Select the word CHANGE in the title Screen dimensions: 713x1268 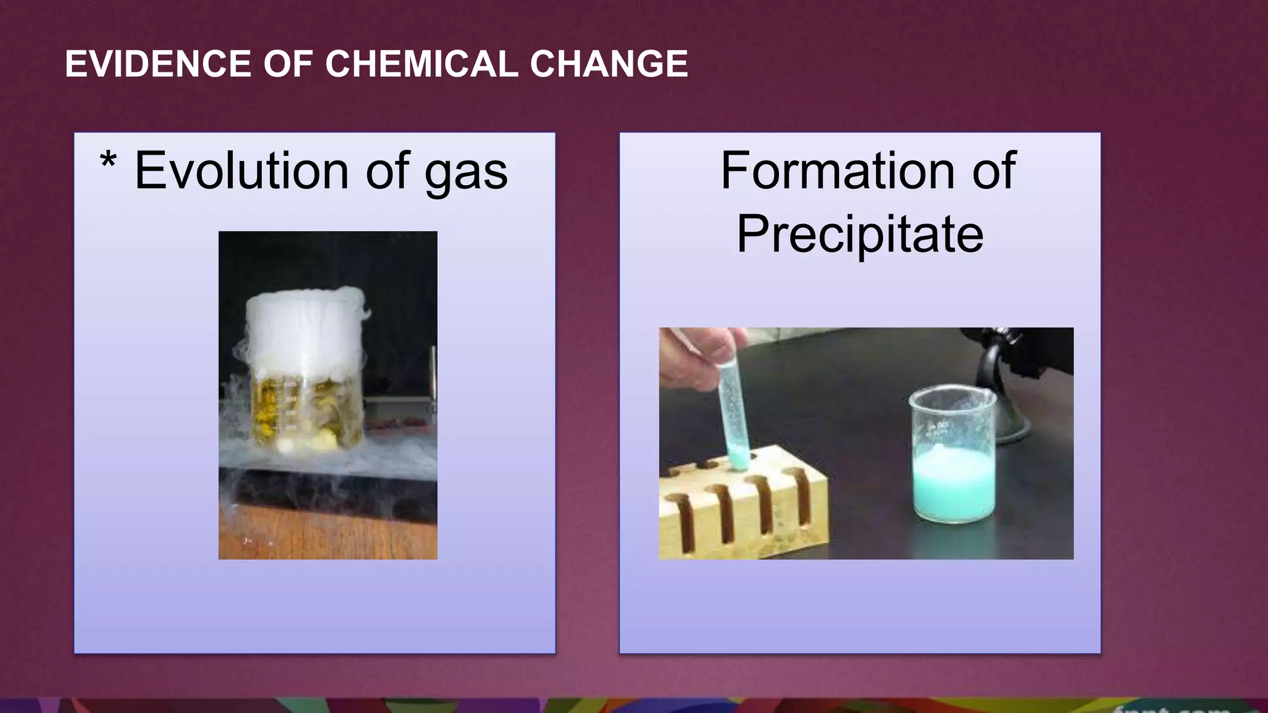609,64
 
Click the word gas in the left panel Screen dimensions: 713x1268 466,172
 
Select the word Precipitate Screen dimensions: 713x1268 860,234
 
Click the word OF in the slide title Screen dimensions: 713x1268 289,64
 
